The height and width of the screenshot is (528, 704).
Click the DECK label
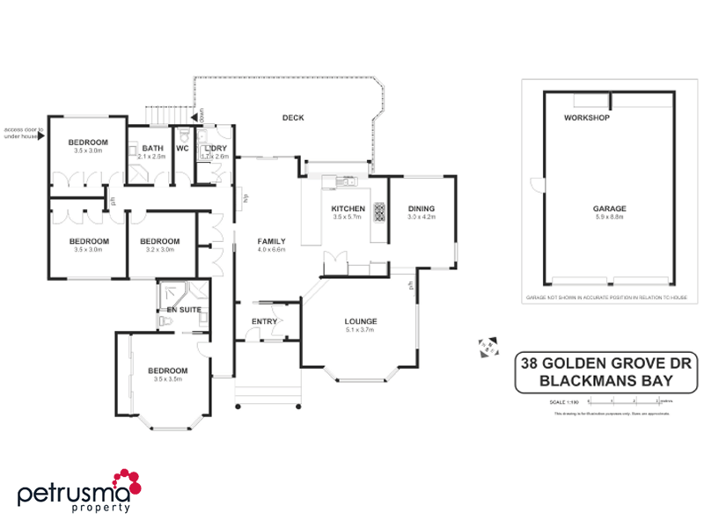coord(293,117)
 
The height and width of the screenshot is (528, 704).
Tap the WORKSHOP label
coord(587,117)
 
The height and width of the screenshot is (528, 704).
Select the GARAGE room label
coord(609,209)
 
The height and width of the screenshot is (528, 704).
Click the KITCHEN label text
coord(348,209)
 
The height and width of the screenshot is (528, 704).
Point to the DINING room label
coord(422,209)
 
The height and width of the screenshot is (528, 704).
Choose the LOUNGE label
coord(361,321)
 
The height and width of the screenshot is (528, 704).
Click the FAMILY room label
coord(271,240)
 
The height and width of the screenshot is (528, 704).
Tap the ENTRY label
coord(264,321)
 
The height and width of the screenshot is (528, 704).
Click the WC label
coord(182,148)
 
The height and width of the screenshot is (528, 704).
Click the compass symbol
coord(487,346)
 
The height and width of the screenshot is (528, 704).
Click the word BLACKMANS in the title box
coord(573,381)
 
